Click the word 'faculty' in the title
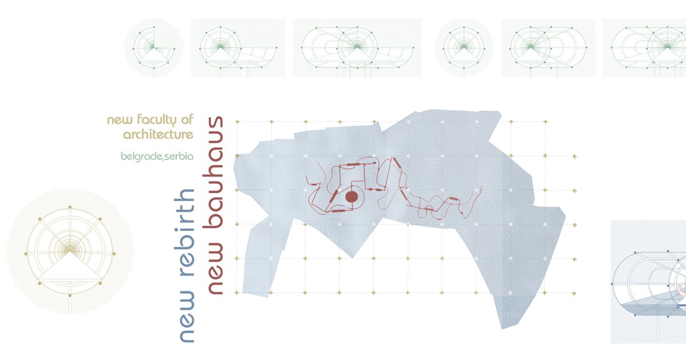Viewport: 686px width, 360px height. [x=157, y=120]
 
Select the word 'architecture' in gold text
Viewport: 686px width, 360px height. [x=158, y=135]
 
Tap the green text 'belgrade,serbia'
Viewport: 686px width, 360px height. [x=157, y=157]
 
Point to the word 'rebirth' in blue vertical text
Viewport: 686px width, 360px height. [x=184, y=233]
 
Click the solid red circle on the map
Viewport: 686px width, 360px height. [x=352, y=197]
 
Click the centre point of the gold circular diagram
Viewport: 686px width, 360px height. [x=70, y=250]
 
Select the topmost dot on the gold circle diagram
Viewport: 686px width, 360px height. [x=70, y=207]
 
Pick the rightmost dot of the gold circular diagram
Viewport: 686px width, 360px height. [x=114, y=254]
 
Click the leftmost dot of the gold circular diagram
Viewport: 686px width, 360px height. [x=26, y=254]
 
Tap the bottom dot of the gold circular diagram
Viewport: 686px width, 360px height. [x=70, y=295]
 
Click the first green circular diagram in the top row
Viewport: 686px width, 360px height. [x=154, y=48]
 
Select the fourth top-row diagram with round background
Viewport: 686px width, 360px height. [x=464, y=48]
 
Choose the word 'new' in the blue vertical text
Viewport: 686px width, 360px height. [x=184, y=317]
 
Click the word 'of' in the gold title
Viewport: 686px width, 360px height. [x=187, y=119]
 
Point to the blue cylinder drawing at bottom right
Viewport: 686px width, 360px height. [x=649, y=282]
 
